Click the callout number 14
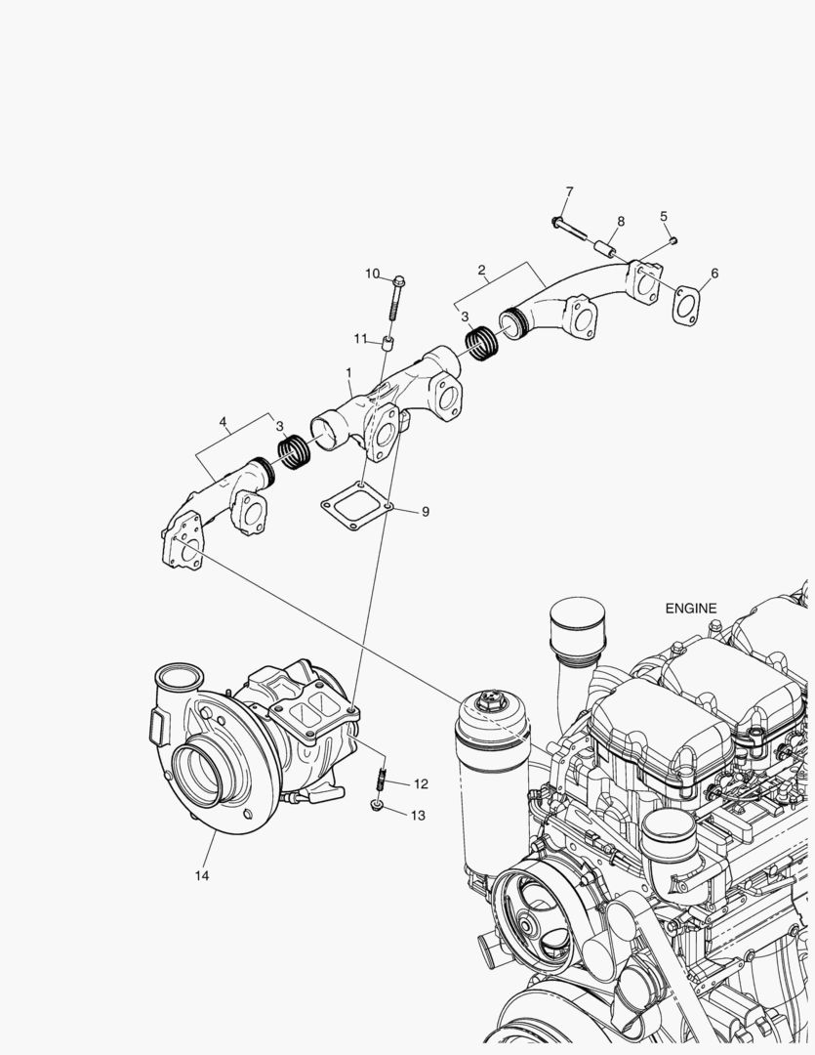(201, 875)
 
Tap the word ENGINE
(691, 608)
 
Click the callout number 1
(348, 373)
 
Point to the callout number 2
(481, 269)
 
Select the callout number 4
(224, 422)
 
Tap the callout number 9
(425, 511)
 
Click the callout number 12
(421, 783)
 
